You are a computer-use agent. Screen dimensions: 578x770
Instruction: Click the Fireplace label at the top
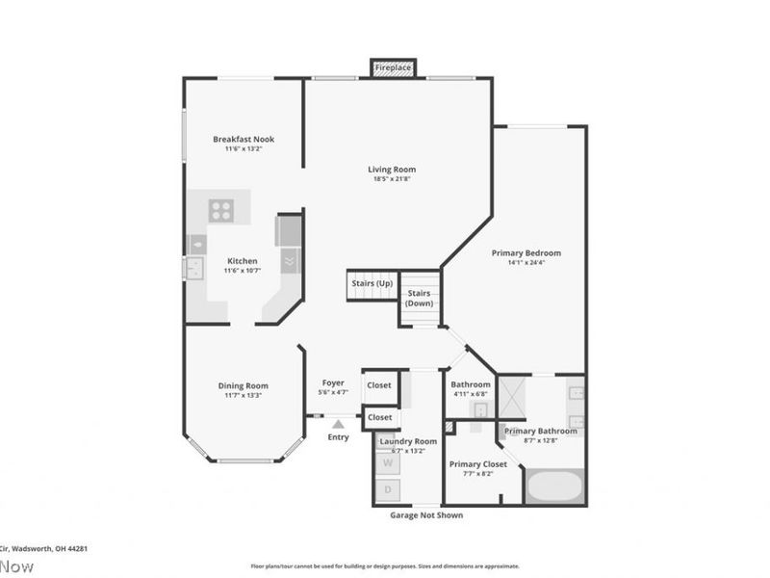click(x=393, y=68)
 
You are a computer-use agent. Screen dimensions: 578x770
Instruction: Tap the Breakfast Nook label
click(x=244, y=139)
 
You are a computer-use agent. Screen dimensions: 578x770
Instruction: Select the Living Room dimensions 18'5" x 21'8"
click(x=392, y=179)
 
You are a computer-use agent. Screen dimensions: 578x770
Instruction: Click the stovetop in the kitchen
click(x=221, y=209)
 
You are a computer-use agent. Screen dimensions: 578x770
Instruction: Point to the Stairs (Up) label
click(x=371, y=283)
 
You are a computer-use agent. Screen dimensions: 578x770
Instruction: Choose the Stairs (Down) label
click(x=419, y=298)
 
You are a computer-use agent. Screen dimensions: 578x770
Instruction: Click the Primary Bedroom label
click(x=526, y=253)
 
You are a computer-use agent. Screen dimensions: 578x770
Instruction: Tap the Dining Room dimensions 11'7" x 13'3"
click(x=243, y=395)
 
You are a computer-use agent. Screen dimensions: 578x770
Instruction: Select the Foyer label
click(x=333, y=382)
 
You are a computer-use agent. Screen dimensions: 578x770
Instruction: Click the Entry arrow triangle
click(x=338, y=422)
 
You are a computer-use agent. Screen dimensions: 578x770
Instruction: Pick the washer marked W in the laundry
click(x=389, y=462)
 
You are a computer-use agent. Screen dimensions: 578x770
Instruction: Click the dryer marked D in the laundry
click(x=389, y=490)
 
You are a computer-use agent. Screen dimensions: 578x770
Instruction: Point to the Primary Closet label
click(x=478, y=464)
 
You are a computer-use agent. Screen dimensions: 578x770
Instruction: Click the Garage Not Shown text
click(x=426, y=515)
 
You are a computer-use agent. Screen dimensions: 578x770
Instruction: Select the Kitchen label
click(x=243, y=261)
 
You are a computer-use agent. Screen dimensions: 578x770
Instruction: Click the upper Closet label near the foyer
click(x=379, y=385)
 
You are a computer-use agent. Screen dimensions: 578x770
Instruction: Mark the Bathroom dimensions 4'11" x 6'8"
click(x=471, y=394)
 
